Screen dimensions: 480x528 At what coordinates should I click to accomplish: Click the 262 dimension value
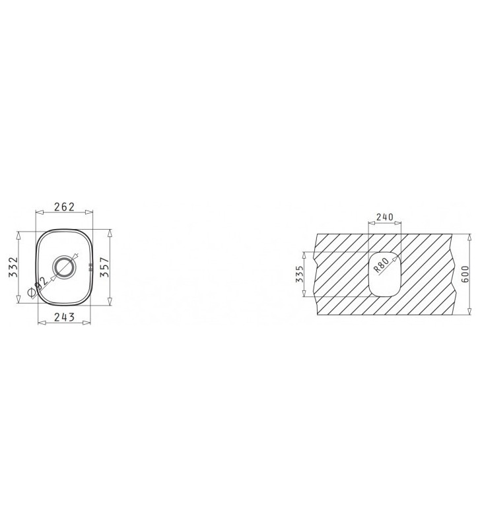click(x=64, y=207)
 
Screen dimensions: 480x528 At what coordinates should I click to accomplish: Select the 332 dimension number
click(x=13, y=267)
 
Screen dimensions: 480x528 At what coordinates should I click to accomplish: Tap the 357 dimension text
click(x=104, y=267)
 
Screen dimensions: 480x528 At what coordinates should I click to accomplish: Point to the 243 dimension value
click(x=64, y=317)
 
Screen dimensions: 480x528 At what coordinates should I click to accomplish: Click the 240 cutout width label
click(x=385, y=217)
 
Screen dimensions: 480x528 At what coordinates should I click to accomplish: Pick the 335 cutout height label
click(x=300, y=274)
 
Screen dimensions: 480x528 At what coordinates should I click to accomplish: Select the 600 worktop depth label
click(x=465, y=274)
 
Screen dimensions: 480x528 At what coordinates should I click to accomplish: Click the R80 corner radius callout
click(x=382, y=265)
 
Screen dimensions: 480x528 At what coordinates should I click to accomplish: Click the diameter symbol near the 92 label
click(x=31, y=293)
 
